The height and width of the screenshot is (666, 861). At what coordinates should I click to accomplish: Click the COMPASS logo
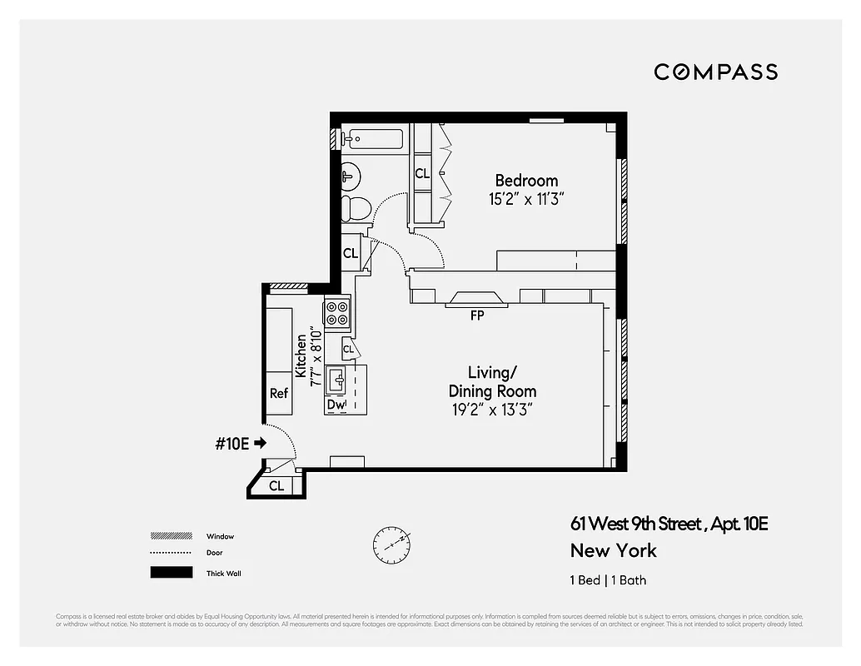coord(715,72)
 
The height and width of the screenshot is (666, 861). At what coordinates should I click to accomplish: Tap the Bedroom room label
coord(526,181)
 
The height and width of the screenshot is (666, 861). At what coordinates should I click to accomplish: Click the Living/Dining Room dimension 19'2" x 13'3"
coord(491,410)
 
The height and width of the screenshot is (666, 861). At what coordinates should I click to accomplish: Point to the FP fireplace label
coord(477,316)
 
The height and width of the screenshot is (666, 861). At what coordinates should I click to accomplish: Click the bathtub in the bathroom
coord(373,139)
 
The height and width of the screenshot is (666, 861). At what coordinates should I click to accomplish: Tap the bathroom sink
coord(350,176)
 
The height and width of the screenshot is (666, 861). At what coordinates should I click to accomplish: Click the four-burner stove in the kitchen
coord(337,313)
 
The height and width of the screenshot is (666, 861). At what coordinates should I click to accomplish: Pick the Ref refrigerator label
coord(278,393)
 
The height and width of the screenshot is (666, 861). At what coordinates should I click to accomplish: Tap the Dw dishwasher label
coord(336,405)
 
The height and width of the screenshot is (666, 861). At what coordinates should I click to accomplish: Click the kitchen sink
coord(338,380)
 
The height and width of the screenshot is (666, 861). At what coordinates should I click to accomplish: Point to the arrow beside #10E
coord(260,444)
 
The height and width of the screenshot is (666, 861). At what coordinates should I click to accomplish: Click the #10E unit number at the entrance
coord(232,444)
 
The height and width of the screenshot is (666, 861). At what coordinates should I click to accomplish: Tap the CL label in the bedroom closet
coord(422,174)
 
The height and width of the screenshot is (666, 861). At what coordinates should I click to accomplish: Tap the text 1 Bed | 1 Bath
coord(608,580)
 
